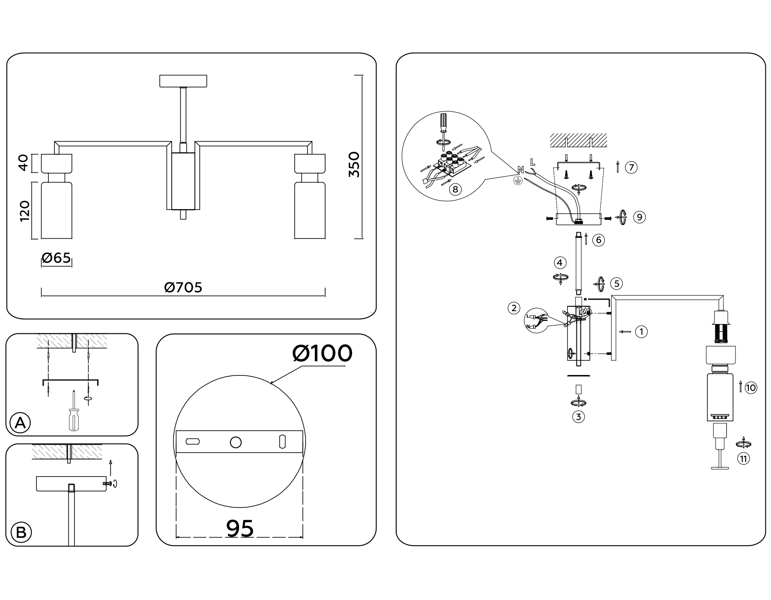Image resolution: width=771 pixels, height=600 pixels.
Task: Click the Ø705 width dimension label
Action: (x=183, y=287)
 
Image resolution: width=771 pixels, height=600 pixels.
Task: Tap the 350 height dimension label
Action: (x=354, y=164)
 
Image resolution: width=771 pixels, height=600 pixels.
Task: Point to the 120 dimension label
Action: (x=24, y=211)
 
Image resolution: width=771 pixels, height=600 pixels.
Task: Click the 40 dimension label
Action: (x=24, y=162)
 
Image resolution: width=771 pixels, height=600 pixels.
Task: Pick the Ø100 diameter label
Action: (x=322, y=354)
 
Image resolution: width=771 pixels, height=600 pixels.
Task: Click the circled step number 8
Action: (x=455, y=189)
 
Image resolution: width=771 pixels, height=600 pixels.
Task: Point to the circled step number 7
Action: (x=631, y=167)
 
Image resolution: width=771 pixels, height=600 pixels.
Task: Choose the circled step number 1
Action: (x=641, y=331)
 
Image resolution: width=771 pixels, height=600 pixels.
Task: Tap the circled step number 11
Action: (x=743, y=459)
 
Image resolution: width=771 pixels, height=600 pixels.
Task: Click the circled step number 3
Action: (x=578, y=417)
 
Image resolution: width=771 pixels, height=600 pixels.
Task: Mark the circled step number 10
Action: (x=750, y=388)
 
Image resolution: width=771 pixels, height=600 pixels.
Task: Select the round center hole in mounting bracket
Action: (x=236, y=442)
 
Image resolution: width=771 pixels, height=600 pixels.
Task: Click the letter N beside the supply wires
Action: (x=520, y=170)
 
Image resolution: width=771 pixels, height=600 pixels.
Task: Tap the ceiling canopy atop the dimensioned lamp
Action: (x=183, y=81)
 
